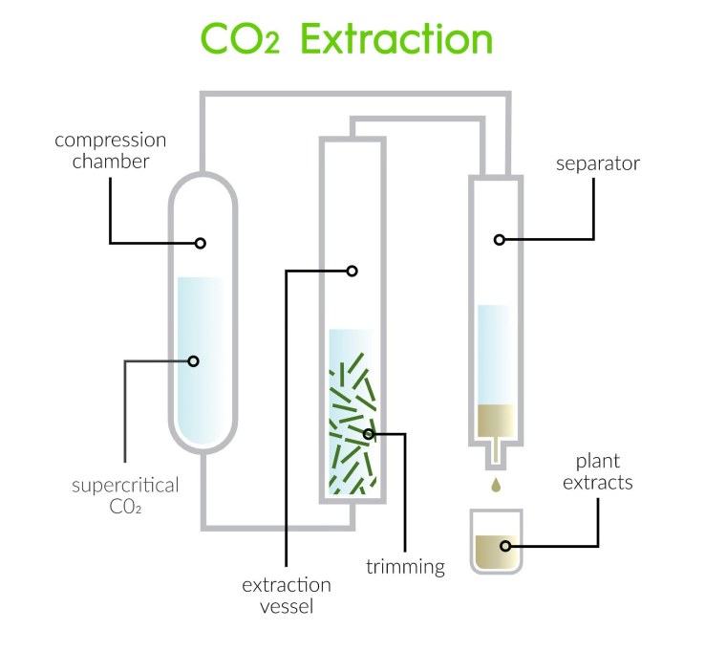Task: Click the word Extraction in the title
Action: (x=396, y=39)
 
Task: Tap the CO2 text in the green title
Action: (x=241, y=39)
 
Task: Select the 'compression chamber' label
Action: (x=111, y=151)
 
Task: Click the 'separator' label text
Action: (x=598, y=163)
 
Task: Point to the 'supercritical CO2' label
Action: (x=125, y=496)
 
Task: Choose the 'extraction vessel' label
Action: (x=287, y=596)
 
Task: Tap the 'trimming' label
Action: (x=406, y=567)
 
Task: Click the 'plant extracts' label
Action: (x=598, y=471)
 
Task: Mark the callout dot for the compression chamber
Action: (x=200, y=243)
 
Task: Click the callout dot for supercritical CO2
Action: (x=194, y=361)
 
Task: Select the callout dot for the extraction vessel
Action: (x=352, y=271)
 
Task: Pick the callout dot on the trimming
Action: (x=369, y=434)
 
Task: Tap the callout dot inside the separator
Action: (x=499, y=240)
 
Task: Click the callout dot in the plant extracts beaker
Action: (x=505, y=546)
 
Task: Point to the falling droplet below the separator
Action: (x=496, y=485)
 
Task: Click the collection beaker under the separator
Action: (x=497, y=541)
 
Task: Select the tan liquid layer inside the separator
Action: (x=496, y=421)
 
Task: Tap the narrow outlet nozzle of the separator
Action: (x=496, y=456)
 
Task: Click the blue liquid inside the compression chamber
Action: (x=203, y=360)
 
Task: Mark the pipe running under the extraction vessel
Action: (x=278, y=528)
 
